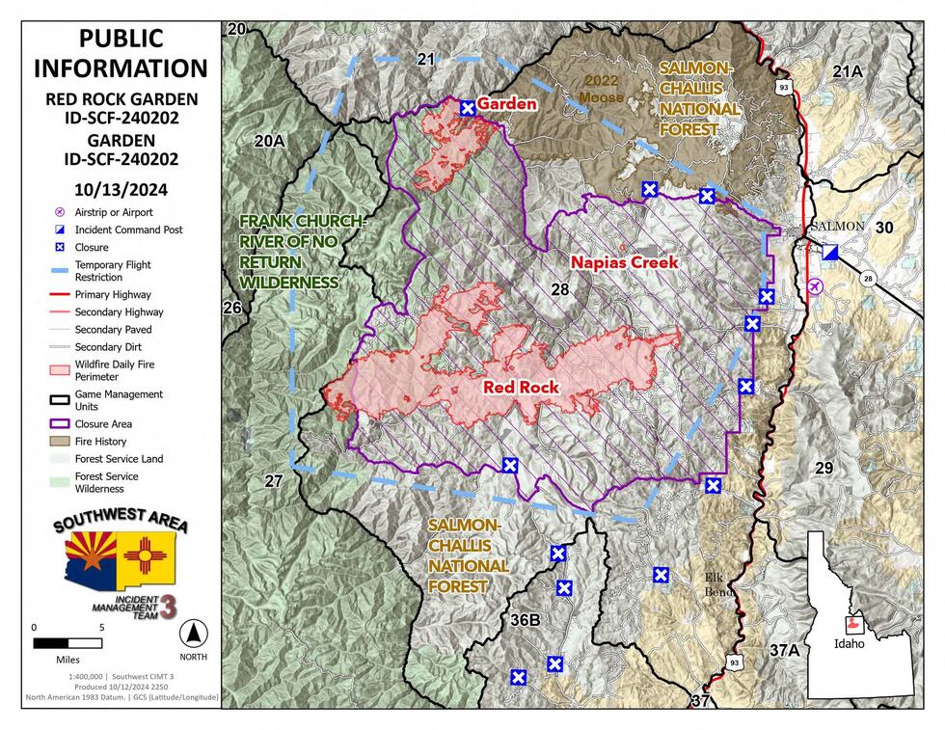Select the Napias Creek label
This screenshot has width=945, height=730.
pyautogui.click(x=624, y=261)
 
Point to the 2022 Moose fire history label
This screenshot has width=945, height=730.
pyautogui.click(x=602, y=89)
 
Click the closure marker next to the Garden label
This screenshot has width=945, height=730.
pyautogui.click(x=468, y=108)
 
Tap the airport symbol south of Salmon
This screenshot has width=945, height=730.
pyautogui.click(x=816, y=285)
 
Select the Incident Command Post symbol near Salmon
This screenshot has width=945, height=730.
pyautogui.click(x=830, y=251)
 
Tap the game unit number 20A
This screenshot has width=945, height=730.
pyautogui.click(x=269, y=141)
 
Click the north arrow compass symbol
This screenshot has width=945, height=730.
pyautogui.click(x=193, y=635)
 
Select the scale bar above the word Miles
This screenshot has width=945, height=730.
pyautogui.click(x=67, y=642)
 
